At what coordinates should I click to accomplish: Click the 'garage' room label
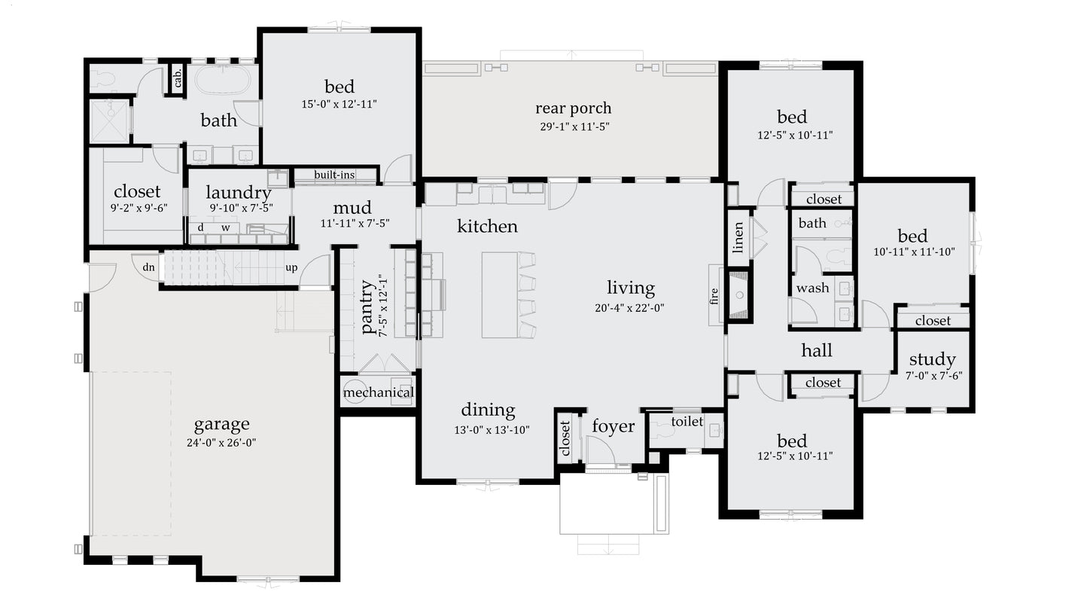(x=221, y=424)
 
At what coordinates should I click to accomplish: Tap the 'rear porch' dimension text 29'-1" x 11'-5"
(x=574, y=127)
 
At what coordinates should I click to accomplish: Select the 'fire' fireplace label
(x=714, y=295)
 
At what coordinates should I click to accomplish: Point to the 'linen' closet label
(x=738, y=237)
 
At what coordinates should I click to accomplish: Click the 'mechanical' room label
(x=378, y=392)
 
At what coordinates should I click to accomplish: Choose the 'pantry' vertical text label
(x=367, y=307)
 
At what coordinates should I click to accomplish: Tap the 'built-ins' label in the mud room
(x=334, y=175)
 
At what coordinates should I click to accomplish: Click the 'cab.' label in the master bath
(x=178, y=77)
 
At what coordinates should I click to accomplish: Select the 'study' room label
(x=932, y=359)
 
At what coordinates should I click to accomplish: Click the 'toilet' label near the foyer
(x=687, y=422)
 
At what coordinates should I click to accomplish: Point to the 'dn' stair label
(x=149, y=267)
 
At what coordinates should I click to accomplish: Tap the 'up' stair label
(x=291, y=267)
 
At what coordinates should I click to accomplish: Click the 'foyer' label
(x=613, y=427)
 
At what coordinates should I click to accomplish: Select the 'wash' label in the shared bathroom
(x=812, y=288)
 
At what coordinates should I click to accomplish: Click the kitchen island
(x=499, y=294)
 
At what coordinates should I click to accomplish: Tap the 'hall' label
(x=817, y=350)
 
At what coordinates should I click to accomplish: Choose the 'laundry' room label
(x=238, y=193)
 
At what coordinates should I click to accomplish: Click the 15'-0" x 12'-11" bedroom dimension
(x=339, y=104)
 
